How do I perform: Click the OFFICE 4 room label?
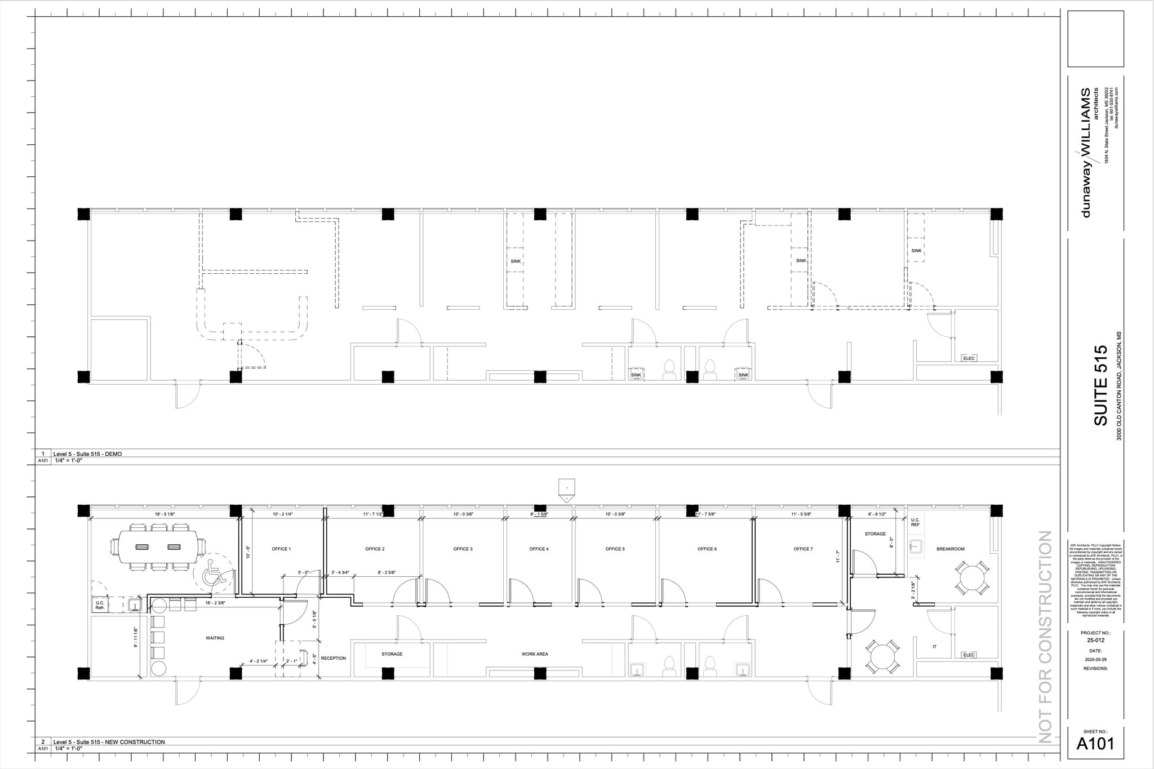[539, 549]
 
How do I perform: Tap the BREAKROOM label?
[951, 549]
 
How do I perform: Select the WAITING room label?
[215, 638]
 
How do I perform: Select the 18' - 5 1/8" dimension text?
[165, 514]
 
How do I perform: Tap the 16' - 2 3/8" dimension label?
[215, 603]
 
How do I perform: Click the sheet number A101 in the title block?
[1095, 744]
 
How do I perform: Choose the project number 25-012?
[1095, 640]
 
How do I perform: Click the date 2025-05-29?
[1095, 659]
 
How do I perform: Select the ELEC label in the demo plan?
[969, 358]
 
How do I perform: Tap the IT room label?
[934, 647]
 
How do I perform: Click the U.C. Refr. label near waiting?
[100, 605]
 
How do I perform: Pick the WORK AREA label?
[534, 654]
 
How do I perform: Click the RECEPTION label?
[333, 658]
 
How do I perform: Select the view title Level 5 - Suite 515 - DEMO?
[87, 454]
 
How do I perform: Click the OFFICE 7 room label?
[803, 549]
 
